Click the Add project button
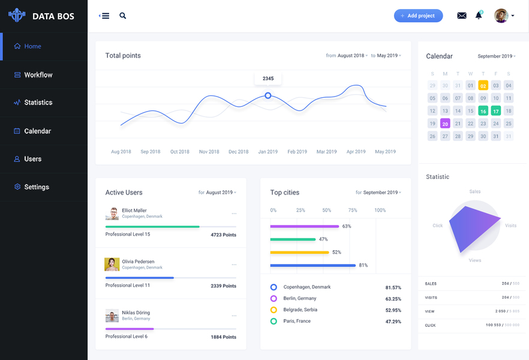click(x=418, y=16)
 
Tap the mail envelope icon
click(x=461, y=16)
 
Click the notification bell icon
click(x=479, y=16)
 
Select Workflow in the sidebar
click(x=38, y=75)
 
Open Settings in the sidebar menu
click(x=36, y=187)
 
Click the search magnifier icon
click(x=123, y=16)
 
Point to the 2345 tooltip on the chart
click(x=268, y=79)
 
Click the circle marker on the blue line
click(x=268, y=95)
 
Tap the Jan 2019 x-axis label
click(x=268, y=152)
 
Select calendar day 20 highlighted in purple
click(x=445, y=124)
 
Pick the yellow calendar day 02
click(x=483, y=86)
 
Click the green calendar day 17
click(x=495, y=111)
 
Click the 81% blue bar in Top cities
click(x=313, y=265)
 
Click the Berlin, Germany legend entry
click(x=299, y=298)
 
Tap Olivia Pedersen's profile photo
click(x=112, y=265)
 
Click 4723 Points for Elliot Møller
click(x=223, y=235)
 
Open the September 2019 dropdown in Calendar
click(x=497, y=56)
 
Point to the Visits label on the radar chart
click(x=510, y=226)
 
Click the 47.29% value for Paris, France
click(x=393, y=322)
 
